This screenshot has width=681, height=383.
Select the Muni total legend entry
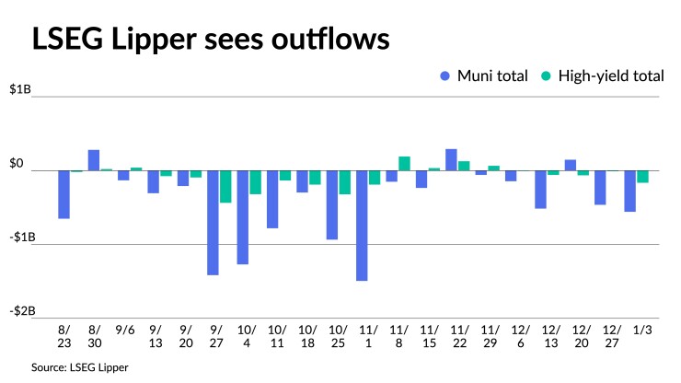point(487,76)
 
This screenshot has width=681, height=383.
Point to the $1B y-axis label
point(22,91)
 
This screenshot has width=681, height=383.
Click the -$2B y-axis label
point(22,311)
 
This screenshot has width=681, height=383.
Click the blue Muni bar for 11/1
point(362,226)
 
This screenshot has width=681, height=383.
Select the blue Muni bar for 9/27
point(213,223)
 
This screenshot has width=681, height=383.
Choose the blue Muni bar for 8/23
point(64,194)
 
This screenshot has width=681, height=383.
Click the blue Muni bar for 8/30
point(94,160)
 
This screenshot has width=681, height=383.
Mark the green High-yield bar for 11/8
point(404,164)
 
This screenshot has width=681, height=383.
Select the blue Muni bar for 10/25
point(332,205)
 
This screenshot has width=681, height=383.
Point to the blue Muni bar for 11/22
point(451,160)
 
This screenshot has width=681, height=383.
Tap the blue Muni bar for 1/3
point(629,191)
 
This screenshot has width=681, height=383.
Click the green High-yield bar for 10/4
point(255,182)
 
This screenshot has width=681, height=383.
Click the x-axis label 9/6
point(123,329)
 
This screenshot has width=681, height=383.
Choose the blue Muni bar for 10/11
point(272,199)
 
